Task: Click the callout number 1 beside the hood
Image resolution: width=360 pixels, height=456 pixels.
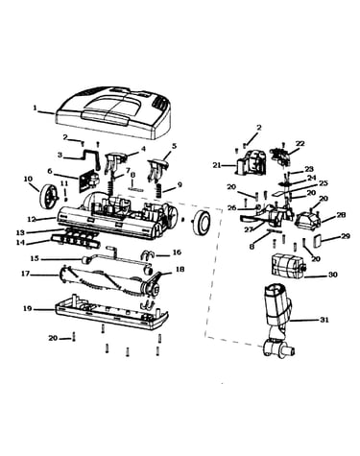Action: point(35,108)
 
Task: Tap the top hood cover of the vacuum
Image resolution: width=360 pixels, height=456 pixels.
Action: point(113,112)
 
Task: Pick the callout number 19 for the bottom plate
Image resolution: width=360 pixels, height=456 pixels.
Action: point(28,309)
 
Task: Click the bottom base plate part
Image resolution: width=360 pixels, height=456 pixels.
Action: point(111,314)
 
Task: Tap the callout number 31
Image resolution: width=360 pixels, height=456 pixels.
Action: point(324,320)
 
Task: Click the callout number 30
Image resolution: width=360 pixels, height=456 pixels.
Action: point(333,275)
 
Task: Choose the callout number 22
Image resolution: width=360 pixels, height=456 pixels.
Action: point(300,143)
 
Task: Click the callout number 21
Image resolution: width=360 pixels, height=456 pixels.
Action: point(217,165)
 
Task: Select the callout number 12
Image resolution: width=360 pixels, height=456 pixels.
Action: point(32,219)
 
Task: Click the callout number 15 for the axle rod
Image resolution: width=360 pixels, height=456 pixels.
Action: point(35,258)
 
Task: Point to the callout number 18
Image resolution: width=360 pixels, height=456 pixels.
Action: point(180,269)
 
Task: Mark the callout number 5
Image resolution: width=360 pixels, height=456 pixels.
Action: point(174,146)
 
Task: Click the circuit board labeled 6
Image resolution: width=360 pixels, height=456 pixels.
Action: point(89,180)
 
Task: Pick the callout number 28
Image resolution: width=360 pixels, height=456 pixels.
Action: point(342,215)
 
